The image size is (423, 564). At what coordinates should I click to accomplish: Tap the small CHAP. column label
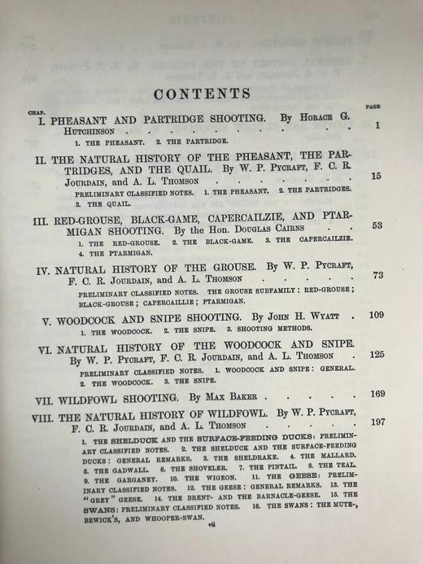(35, 112)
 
